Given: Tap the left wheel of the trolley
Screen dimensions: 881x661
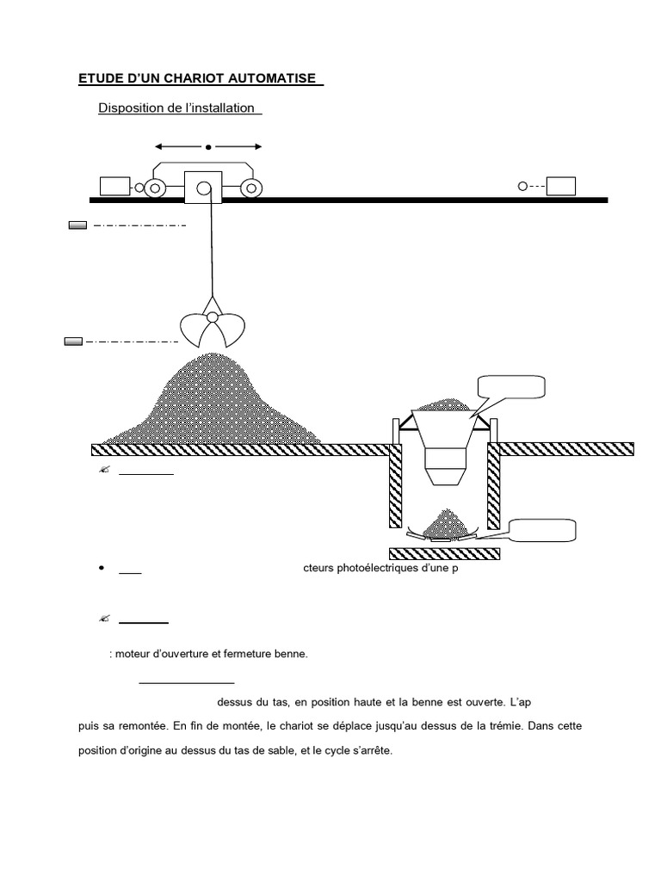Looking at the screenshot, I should pyautogui.click(x=156, y=188).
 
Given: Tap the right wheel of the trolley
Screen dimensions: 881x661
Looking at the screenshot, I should pyautogui.click(x=251, y=188).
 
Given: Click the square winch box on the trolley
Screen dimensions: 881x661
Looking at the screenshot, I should pyautogui.click(x=203, y=187).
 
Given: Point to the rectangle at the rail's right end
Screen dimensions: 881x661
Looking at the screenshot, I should pyautogui.click(x=561, y=186).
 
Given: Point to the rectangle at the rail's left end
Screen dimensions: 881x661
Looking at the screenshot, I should pyautogui.click(x=114, y=186).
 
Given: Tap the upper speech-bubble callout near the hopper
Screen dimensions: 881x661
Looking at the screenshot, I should pyautogui.click(x=511, y=387).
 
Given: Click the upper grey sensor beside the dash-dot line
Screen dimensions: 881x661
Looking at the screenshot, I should pyautogui.click(x=77, y=225).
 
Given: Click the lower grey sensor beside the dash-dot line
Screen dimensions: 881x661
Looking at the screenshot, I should pyautogui.click(x=74, y=342).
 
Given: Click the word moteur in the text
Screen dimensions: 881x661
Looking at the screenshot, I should pyautogui.click(x=135, y=654).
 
